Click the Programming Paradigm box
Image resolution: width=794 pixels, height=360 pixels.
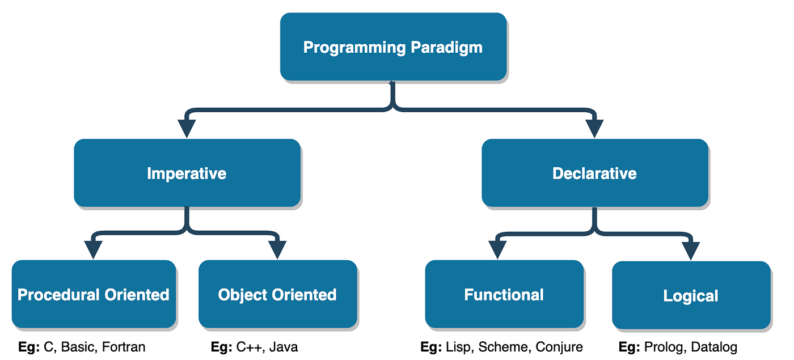tap(393, 46)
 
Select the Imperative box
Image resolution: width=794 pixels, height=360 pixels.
tap(187, 173)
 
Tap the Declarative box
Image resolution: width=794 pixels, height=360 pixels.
tap(594, 173)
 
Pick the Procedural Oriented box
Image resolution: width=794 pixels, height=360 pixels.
tap(94, 294)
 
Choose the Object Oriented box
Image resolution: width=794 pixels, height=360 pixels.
tap(277, 294)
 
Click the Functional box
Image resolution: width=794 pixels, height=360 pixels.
tap(504, 294)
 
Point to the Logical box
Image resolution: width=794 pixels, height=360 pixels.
tap(691, 295)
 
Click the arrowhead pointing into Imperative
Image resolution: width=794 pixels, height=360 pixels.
tap(187, 129)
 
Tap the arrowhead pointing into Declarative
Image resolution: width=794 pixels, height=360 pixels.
tap(594, 129)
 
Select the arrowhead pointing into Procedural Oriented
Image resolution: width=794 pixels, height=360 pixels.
tap(93, 250)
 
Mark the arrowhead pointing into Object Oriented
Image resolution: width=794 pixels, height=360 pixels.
tap(277, 250)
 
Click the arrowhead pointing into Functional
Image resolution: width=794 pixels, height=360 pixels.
tap(497, 250)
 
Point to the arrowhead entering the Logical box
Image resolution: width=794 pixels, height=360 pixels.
tap(691, 251)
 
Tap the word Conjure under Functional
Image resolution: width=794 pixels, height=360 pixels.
tap(560, 347)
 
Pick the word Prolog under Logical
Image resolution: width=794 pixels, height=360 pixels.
tap(660, 347)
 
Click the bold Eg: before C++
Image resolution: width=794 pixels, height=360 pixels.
tap(221, 347)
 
